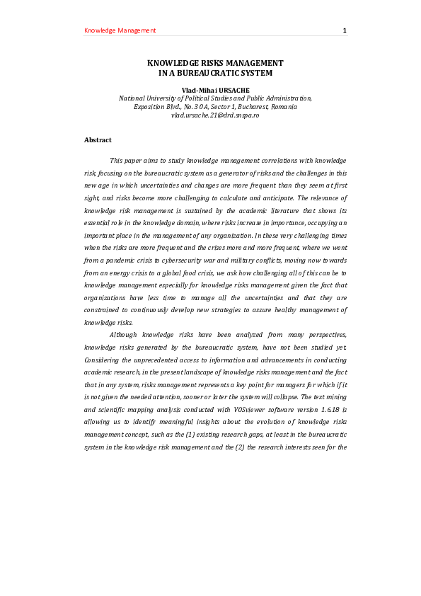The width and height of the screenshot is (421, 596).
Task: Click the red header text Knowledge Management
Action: pyautogui.click(x=120, y=30)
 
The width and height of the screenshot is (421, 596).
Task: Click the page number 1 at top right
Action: pyautogui.click(x=345, y=30)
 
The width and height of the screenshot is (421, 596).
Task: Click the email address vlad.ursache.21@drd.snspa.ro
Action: pyautogui.click(x=215, y=115)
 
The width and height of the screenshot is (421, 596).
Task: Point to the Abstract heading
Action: pyautogui.click(x=98, y=140)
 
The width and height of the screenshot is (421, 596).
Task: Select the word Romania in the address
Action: pyautogui.click(x=284, y=107)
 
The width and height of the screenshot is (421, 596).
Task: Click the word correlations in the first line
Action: pyautogui.click(x=234, y=161)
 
